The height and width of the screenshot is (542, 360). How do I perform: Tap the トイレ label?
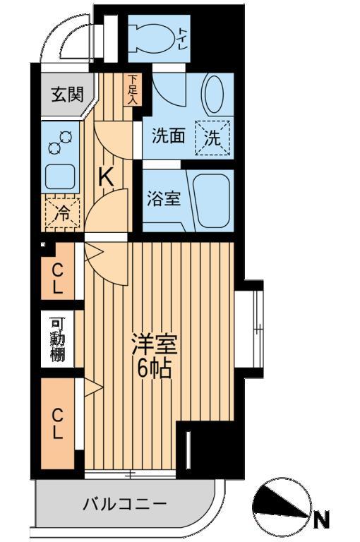point(183,39)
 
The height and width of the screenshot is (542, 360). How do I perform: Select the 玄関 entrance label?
point(68,94)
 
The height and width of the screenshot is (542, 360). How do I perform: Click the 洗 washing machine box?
point(212,138)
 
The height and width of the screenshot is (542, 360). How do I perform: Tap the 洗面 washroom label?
point(169,135)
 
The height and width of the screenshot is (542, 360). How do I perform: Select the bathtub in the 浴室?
point(211,201)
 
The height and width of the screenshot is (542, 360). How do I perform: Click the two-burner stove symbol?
point(60,143)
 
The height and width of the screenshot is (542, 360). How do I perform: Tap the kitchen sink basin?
point(61,176)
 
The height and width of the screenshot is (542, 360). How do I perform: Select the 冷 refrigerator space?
point(63,213)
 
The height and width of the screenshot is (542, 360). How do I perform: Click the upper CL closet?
point(57,271)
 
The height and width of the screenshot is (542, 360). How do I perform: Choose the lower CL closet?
point(57,423)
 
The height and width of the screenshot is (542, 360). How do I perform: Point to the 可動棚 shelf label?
point(57,339)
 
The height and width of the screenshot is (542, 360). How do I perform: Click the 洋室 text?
point(155,344)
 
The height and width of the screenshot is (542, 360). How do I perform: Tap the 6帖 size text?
point(155,370)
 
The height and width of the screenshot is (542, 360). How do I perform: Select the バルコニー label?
point(125,505)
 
